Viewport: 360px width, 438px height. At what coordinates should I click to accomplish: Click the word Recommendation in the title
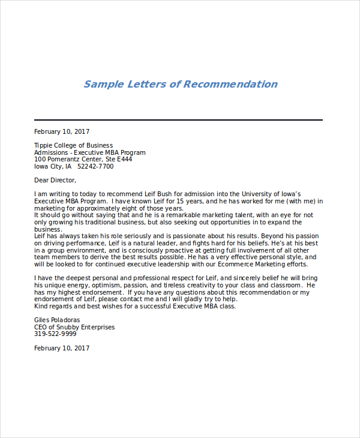coord(230,84)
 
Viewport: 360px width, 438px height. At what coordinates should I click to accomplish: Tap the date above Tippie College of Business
coord(62,131)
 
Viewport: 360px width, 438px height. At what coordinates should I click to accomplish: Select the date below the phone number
coord(62,348)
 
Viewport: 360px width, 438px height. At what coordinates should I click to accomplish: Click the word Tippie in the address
coord(44,145)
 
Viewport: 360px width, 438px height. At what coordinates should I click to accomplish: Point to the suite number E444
coord(124,160)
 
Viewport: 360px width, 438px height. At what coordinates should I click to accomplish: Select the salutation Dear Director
coord(55,180)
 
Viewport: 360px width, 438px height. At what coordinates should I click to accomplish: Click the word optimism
coord(100,286)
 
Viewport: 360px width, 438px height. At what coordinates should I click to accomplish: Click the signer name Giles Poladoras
coord(57,320)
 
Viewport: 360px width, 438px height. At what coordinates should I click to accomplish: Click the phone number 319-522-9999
coord(55,334)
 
